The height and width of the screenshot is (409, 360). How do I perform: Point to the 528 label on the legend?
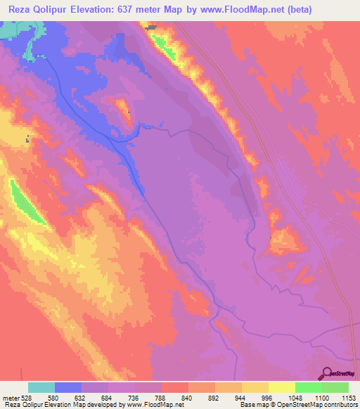click(x=28, y=397)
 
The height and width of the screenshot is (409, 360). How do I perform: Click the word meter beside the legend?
click(x=10, y=397)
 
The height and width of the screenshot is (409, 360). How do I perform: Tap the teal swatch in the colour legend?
click(x=41, y=387)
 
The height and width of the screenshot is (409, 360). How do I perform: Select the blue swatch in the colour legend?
click(x=68, y=387)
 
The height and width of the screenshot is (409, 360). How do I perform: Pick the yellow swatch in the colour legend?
click(x=255, y=387)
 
